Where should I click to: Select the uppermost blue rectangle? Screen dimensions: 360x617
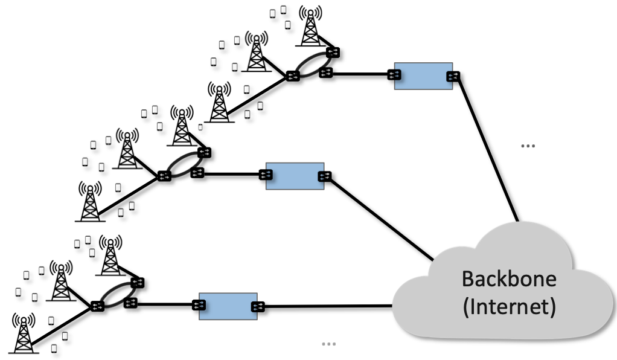tap(423, 76)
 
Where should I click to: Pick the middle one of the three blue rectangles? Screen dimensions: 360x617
tap(295, 176)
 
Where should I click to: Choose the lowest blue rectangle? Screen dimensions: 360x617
tap(228, 306)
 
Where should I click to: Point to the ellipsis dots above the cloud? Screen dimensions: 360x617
tap(528, 146)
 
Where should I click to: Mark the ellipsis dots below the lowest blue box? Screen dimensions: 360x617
tap(328, 344)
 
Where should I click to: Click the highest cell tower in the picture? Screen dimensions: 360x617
tap(311, 27)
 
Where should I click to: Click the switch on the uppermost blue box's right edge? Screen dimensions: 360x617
tap(452, 76)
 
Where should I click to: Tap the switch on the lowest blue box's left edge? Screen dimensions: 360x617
tap(197, 305)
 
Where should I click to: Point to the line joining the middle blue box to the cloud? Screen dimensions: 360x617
tap(380, 217)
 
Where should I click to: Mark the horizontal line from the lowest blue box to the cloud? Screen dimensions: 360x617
tap(326, 306)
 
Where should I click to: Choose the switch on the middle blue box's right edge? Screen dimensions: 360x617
tap(324, 176)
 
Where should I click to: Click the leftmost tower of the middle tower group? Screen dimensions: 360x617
tap(90, 202)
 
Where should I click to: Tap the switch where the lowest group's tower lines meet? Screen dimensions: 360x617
tap(97, 306)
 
